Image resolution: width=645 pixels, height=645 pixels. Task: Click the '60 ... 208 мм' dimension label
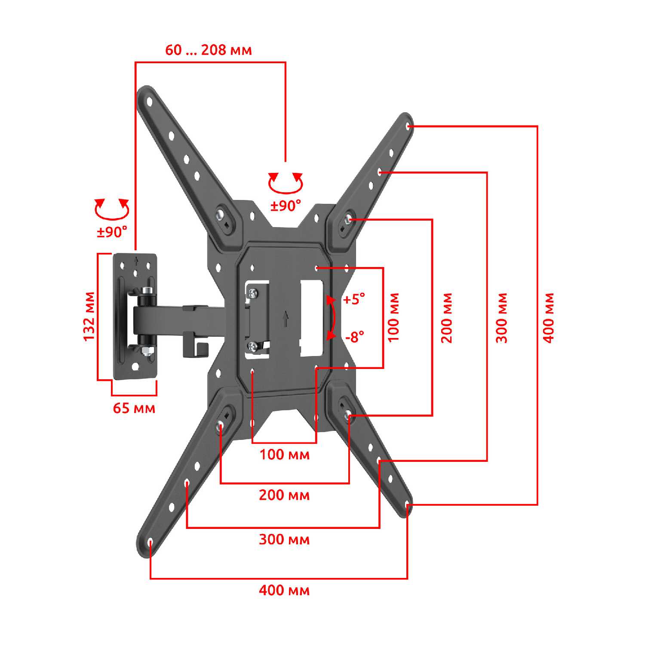209,50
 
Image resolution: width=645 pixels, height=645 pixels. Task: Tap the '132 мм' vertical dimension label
89,316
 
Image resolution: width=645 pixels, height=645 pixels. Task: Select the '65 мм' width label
134,408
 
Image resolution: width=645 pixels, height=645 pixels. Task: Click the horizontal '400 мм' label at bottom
284,590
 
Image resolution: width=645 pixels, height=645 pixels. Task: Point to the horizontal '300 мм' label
284,539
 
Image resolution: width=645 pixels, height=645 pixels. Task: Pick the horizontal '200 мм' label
284,495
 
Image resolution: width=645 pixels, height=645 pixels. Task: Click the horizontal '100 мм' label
284,454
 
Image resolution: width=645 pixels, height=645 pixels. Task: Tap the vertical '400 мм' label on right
549,317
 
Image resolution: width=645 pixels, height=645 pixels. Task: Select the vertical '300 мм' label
502,317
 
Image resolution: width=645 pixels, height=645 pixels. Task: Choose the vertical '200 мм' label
447,317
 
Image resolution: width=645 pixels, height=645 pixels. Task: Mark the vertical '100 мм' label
394,317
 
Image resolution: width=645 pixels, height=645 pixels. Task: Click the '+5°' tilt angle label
354,299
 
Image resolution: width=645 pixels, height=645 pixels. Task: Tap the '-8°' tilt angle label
355,337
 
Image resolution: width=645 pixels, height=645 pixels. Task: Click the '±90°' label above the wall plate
112,232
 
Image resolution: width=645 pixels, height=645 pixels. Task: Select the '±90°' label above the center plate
286,206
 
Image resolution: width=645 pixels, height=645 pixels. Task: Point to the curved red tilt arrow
335,317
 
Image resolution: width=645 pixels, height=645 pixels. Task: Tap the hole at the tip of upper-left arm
150,102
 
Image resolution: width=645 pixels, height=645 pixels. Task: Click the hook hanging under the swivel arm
196,345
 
